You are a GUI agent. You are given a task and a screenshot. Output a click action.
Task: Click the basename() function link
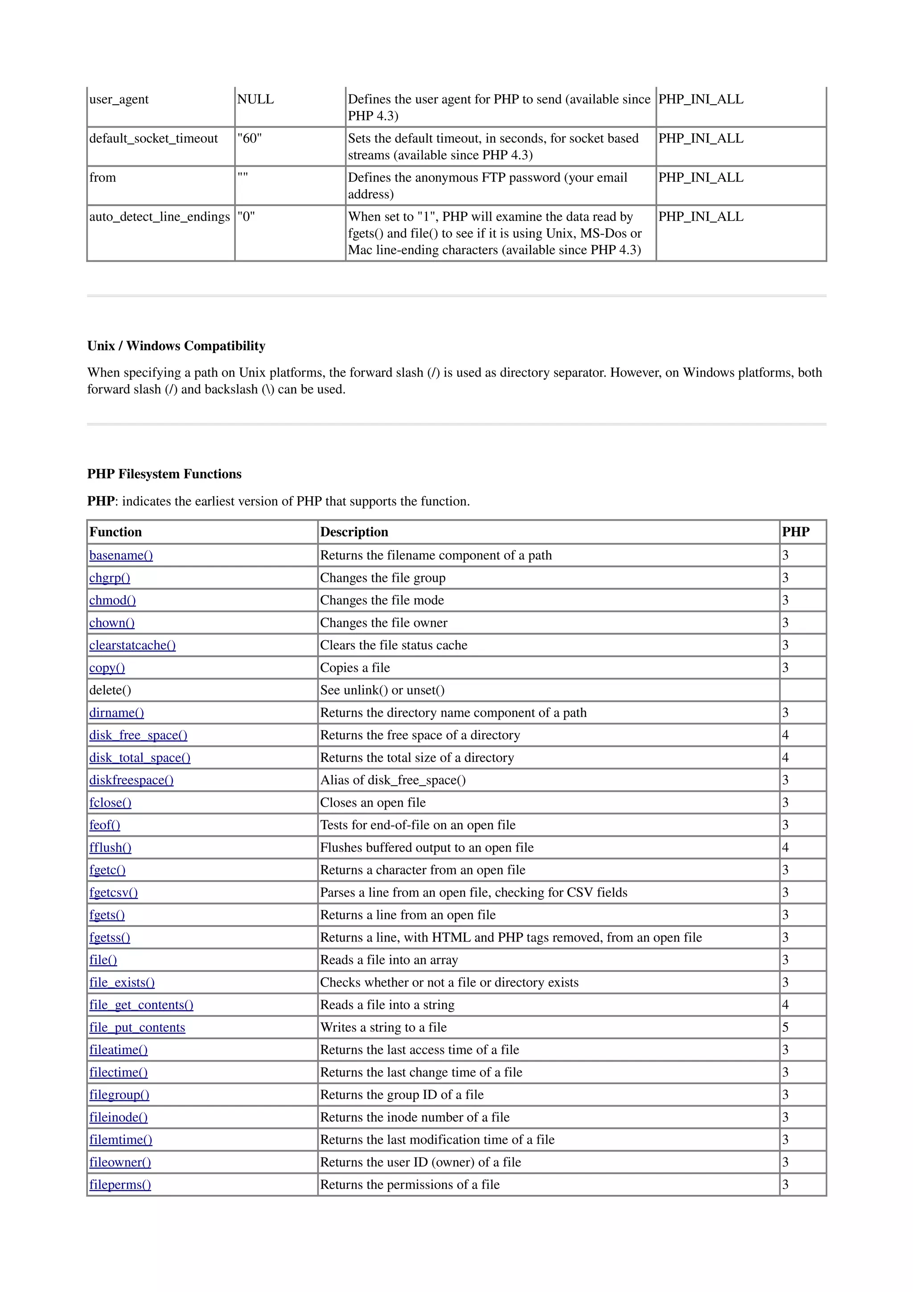(x=121, y=555)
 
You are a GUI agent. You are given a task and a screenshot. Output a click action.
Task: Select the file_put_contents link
(x=137, y=1028)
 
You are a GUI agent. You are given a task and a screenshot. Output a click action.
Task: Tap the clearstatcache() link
(x=132, y=646)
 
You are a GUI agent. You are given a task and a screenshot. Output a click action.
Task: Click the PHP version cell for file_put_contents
(x=786, y=1028)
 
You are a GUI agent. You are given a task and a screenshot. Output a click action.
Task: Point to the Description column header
(x=354, y=532)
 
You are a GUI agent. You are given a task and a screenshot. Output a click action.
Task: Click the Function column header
(x=115, y=532)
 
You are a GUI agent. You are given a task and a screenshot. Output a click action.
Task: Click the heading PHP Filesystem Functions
(x=164, y=474)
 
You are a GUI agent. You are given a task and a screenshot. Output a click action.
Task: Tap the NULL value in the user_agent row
(x=255, y=99)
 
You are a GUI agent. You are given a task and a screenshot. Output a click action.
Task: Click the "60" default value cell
(x=249, y=139)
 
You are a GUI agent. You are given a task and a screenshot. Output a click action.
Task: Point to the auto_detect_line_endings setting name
(x=160, y=217)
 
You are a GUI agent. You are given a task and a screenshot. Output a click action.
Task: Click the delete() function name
(x=110, y=691)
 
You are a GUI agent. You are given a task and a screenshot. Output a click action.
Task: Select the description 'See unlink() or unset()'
(x=382, y=691)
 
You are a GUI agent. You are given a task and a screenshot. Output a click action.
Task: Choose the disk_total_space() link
(x=140, y=758)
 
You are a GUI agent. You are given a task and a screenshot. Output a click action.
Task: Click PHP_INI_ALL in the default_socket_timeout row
(x=700, y=139)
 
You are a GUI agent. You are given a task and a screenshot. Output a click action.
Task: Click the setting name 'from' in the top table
(x=103, y=178)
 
